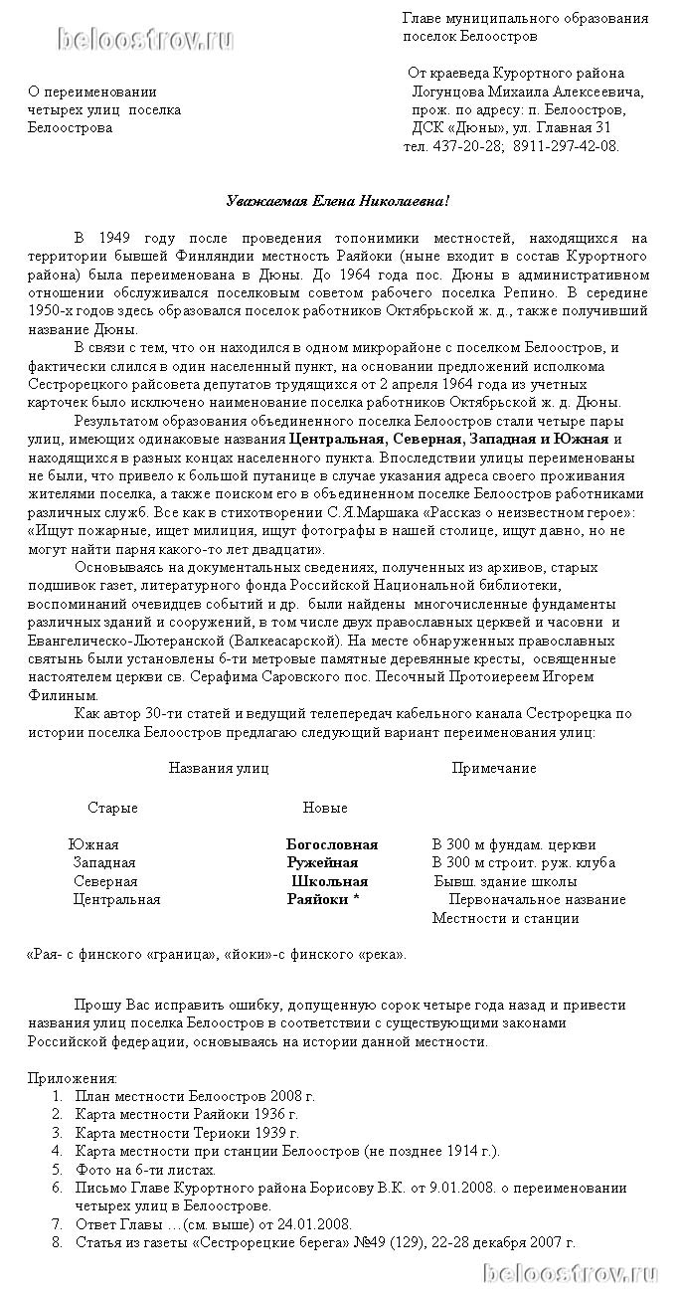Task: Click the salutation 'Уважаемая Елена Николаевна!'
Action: tap(338, 202)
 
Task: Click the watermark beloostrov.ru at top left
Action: tap(146, 40)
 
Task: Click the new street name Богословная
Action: tap(332, 845)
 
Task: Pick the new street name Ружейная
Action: tap(322, 863)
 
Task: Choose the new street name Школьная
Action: tap(329, 881)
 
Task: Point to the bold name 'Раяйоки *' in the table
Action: tap(323, 899)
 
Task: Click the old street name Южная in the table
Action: tap(93, 845)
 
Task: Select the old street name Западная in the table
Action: tap(104, 863)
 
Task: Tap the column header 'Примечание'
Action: tap(494, 768)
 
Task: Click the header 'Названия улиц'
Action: tap(218, 768)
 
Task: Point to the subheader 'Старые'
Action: tap(112, 808)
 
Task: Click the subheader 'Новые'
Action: tap(325, 808)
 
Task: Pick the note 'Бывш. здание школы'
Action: tap(504, 881)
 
